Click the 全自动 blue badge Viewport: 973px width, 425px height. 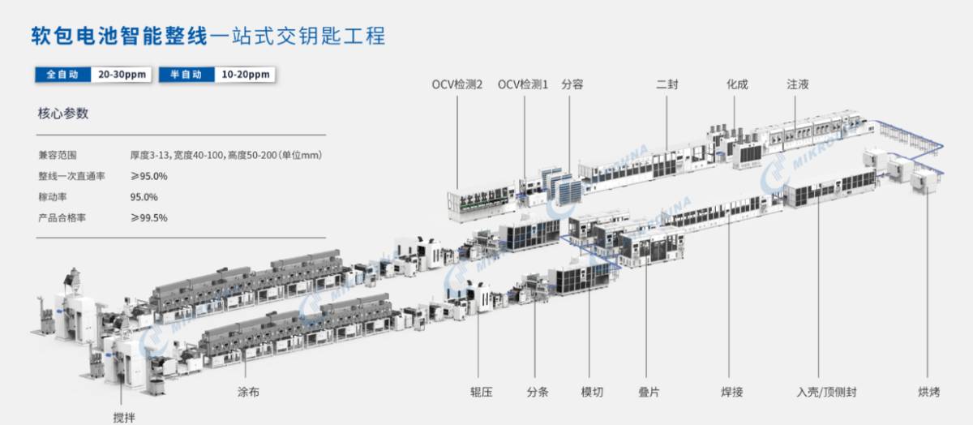pyautogui.click(x=63, y=75)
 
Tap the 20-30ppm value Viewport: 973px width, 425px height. pyautogui.click(x=122, y=75)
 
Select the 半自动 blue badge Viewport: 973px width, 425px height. pyautogui.click(x=186, y=75)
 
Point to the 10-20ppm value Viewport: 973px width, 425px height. pyautogui.click(x=246, y=75)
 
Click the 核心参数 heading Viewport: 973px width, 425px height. pyautogui.click(x=63, y=114)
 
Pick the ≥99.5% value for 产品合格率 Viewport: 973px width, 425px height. pyautogui.click(x=148, y=217)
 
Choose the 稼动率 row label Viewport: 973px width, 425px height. pyautogui.click(x=53, y=197)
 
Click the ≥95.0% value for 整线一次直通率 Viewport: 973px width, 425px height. pyautogui.click(x=148, y=176)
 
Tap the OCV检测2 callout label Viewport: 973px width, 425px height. pyautogui.click(x=457, y=84)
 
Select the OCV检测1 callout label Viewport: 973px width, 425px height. pyautogui.click(x=523, y=84)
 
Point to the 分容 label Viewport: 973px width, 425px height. pyautogui.click(x=572, y=84)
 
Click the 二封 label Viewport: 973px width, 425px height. pyautogui.click(x=667, y=84)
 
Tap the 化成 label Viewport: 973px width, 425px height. pyautogui.click(x=737, y=84)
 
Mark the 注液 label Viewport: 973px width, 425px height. pyautogui.click(x=798, y=84)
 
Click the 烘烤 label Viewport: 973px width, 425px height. pyautogui.click(x=928, y=392)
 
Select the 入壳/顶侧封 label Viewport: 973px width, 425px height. pyautogui.click(x=826, y=392)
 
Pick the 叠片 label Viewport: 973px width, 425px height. pyautogui.click(x=649, y=392)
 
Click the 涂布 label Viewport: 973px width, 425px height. pyautogui.click(x=248, y=392)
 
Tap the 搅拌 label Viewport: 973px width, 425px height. pyautogui.click(x=124, y=418)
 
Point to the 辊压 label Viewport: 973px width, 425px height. pyautogui.click(x=482, y=392)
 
